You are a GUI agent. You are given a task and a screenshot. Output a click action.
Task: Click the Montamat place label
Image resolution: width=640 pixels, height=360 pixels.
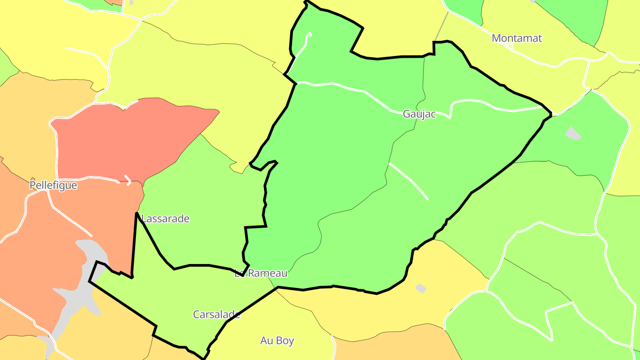tap(517, 38)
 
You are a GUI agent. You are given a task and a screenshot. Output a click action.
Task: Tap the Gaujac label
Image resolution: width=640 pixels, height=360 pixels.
tap(419, 114)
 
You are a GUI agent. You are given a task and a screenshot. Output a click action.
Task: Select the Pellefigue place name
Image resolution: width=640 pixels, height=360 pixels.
tap(53, 185)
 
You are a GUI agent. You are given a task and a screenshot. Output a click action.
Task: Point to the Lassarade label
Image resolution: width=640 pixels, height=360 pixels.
tap(165, 219)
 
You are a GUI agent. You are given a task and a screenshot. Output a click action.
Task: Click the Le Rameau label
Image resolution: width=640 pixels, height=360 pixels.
tap(261, 273)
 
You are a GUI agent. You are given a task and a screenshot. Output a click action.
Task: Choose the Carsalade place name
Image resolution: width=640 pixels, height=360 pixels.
tap(216, 315)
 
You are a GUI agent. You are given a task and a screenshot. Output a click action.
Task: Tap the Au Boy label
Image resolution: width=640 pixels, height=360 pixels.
tap(277, 341)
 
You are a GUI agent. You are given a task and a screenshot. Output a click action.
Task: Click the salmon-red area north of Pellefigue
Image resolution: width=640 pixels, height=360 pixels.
tap(129, 138)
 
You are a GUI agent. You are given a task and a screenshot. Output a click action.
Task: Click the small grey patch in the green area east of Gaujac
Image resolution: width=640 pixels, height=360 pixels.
tap(573, 133)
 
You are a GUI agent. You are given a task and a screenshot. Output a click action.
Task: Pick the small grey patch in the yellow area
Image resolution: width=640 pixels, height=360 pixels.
tap(420, 288)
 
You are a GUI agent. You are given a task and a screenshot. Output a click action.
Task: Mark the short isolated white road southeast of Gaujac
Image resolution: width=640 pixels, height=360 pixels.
tap(408, 181)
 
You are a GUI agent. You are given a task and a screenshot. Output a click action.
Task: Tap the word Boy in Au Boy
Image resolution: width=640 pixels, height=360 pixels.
tap(284, 341)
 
